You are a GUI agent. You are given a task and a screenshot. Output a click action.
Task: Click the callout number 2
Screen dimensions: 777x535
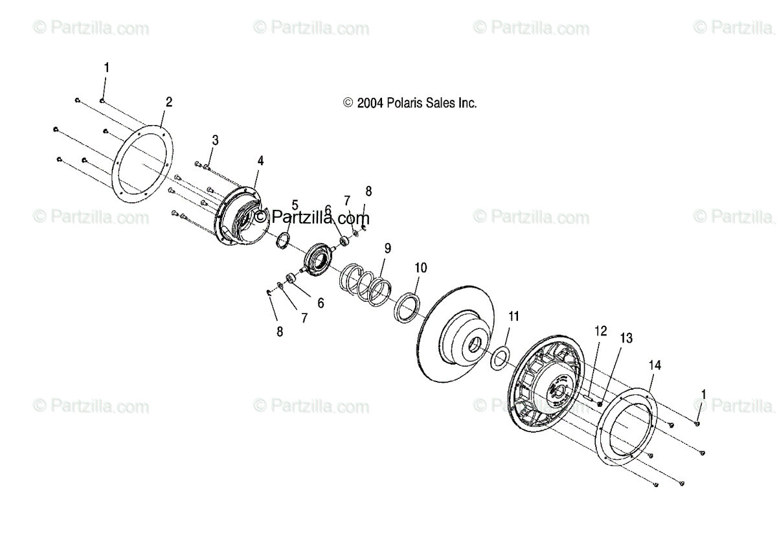click(169, 102)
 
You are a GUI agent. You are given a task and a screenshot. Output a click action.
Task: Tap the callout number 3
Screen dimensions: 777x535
click(215, 140)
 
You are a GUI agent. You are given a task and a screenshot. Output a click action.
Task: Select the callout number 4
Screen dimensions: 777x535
click(260, 160)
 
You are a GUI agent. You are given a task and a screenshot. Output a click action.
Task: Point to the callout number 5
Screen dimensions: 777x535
click(295, 205)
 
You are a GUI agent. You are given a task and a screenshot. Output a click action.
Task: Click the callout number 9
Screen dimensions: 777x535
click(387, 248)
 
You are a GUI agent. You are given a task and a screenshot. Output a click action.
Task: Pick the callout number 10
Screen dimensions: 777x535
click(421, 267)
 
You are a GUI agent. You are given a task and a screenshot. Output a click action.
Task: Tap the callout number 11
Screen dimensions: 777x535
click(513, 317)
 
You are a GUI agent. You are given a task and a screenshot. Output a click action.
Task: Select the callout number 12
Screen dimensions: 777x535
click(600, 332)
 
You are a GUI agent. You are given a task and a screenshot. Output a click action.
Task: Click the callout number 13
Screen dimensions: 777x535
click(626, 338)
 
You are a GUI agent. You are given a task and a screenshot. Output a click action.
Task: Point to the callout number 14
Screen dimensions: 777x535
click(655, 366)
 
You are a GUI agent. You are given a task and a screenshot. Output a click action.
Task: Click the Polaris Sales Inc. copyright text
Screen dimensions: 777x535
click(410, 103)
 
